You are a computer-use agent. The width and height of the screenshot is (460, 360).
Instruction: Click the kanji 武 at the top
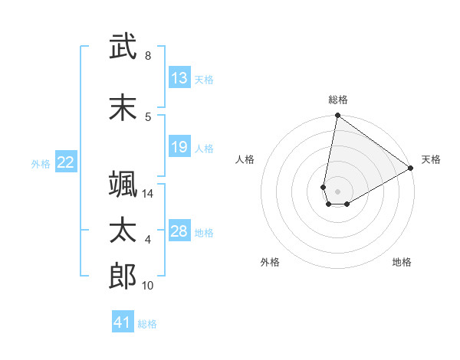click(x=123, y=47)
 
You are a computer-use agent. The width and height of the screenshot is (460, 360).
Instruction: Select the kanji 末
click(x=123, y=107)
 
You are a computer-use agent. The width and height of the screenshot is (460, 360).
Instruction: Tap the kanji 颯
click(x=123, y=184)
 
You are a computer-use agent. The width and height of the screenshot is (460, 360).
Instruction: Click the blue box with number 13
click(x=179, y=78)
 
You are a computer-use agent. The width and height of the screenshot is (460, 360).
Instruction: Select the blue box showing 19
click(x=179, y=147)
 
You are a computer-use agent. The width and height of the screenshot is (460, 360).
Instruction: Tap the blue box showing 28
click(x=179, y=231)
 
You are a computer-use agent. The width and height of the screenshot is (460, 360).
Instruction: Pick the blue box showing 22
click(x=66, y=162)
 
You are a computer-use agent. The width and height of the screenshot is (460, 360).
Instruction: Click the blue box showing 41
click(x=123, y=322)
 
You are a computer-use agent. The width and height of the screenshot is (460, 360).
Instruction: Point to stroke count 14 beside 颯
click(x=148, y=194)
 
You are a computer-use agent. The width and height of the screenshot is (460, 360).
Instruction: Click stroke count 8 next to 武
click(x=148, y=56)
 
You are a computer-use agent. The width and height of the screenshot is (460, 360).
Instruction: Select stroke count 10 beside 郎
click(x=148, y=286)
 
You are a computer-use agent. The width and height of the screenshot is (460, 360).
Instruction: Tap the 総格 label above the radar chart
click(x=337, y=100)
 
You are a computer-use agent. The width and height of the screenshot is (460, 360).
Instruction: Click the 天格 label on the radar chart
click(x=431, y=159)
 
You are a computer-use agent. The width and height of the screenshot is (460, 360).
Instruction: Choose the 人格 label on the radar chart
click(x=245, y=159)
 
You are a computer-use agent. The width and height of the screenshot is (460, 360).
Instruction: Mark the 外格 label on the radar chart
click(x=270, y=262)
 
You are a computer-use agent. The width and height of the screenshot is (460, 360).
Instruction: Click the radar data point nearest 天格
click(x=411, y=168)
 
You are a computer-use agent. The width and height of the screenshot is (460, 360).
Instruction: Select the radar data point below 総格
click(x=337, y=116)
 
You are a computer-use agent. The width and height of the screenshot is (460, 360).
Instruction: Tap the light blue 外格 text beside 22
click(x=41, y=162)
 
